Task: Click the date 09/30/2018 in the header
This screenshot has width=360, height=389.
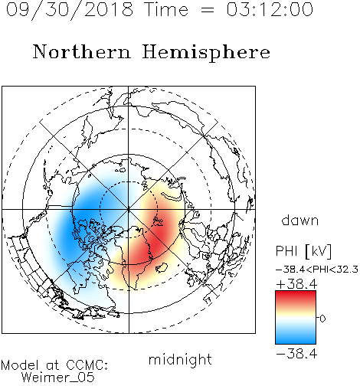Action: (70, 10)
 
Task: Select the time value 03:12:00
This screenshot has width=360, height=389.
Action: (270, 9)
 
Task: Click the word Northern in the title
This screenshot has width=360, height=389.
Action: (82, 51)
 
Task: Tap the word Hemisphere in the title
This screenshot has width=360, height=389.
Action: (206, 53)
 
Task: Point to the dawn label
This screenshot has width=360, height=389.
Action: (300, 220)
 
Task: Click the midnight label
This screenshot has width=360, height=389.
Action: (180, 360)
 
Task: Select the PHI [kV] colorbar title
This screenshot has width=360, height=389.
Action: (303, 251)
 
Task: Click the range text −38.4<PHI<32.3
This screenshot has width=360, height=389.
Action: (317, 270)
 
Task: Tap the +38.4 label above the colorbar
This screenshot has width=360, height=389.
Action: (296, 284)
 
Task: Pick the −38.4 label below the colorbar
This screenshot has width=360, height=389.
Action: (296, 354)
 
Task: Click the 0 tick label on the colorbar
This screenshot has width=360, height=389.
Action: (322, 319)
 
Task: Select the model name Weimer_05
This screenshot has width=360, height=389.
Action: (58, 378)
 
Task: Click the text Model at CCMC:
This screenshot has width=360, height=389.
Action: (54, 365)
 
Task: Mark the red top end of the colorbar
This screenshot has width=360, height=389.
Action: (296, 293)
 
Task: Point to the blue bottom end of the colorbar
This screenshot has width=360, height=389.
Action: (296, 342)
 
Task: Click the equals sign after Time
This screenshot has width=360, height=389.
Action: (207, 10)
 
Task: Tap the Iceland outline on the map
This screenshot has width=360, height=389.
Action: (162, 267)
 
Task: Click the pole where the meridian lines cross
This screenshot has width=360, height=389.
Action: (129, 209)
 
